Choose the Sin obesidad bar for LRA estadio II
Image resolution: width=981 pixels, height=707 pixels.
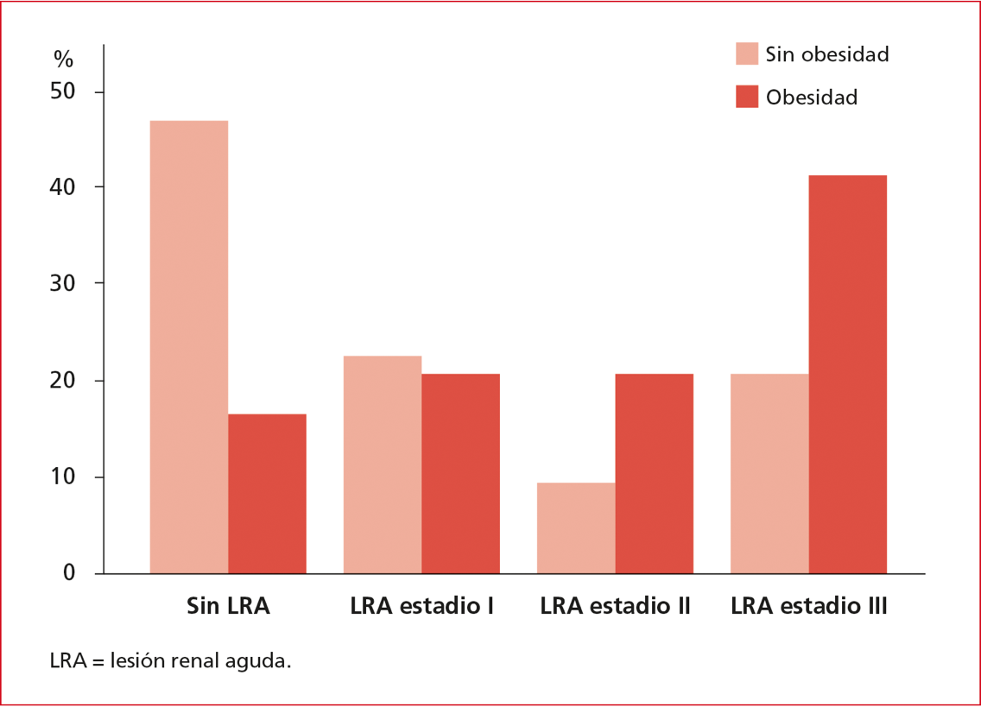pos(576,527)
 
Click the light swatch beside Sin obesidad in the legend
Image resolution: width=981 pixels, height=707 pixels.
pos(746,54)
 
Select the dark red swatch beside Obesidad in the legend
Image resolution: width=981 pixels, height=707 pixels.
pos(746,97)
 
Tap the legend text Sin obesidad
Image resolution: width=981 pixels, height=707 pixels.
pos(826,54)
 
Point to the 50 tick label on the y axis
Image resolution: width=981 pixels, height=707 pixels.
pos(63,92)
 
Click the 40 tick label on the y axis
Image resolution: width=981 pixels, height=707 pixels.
pos(63,187)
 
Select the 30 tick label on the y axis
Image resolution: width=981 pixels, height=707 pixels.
pos(63,284)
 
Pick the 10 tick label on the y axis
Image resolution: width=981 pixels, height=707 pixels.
pos(63,477)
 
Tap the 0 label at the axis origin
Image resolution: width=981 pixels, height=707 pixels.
pos(69,573)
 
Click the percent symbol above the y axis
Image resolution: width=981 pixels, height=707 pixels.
pos(63,59)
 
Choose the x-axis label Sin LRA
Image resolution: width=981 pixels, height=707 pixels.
pos(228,606)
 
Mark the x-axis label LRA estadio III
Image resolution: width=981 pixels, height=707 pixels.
pos(808,606)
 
